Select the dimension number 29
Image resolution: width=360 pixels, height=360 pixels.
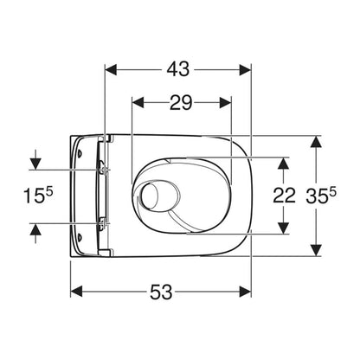pos(181,103)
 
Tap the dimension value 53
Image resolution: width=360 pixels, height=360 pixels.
pos(161,292)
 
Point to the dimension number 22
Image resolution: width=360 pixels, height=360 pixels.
pos(284,196)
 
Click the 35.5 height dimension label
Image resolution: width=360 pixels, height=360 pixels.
pos(321,196)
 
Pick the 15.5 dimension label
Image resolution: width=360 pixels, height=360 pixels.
pos(38,196)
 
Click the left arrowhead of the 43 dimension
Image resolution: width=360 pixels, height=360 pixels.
pos(111,70)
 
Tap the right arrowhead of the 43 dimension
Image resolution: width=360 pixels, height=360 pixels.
pos(245,70)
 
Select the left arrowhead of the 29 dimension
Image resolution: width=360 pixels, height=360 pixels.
pos(138,103)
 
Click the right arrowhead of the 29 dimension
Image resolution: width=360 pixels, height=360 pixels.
pos(225,103)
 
